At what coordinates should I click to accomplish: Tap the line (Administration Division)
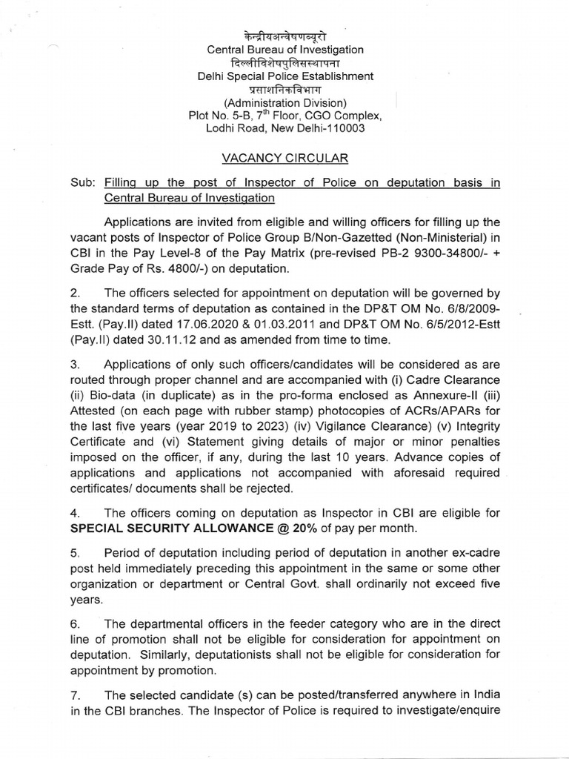pyautogui.click(x=285, y=102)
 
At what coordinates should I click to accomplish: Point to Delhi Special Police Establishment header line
pyautogui.click(x=284, y=76)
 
